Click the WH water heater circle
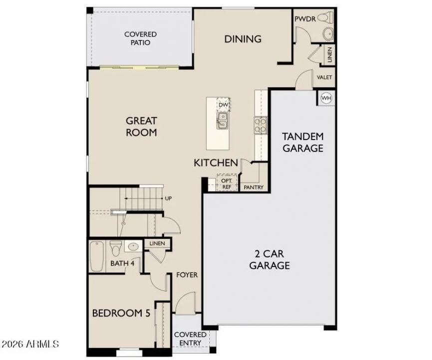326,98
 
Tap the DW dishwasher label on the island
223,104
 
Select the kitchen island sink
223,120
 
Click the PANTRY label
253,187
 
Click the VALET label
325,77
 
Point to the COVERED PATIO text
140,38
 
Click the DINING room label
243,39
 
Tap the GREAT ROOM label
141,126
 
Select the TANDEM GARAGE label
303,142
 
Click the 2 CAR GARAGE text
269,259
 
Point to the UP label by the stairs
168,198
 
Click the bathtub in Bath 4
96,255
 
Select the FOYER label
187,275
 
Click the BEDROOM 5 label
121,313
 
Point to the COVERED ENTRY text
190,338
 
